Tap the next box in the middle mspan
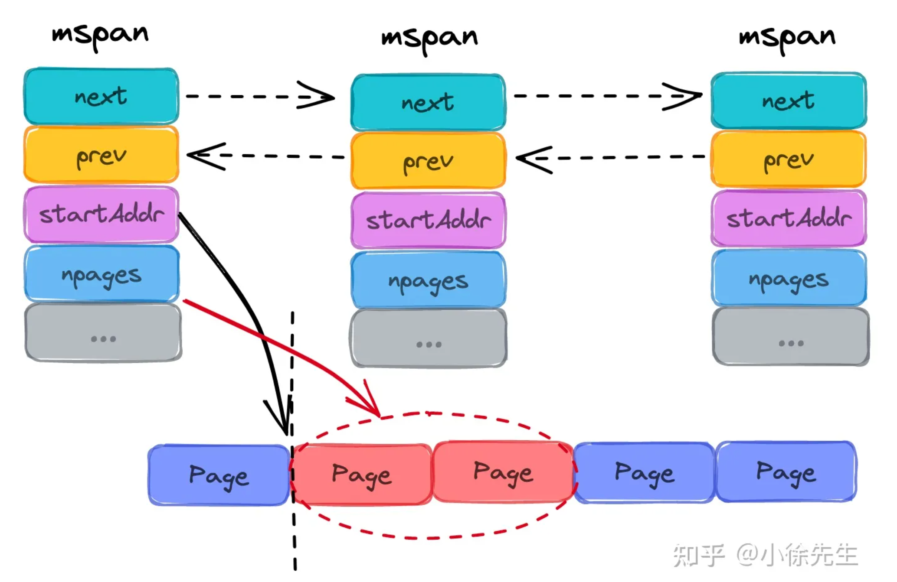[428, 103]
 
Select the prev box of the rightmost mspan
[789, 159]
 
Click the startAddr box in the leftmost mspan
[101, 214]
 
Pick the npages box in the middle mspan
[428, 280]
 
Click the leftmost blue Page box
[219, 475]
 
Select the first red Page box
[361, 474]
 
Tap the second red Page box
[503, 472]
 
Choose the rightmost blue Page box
[786, 472]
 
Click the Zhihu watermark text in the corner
[765, 555]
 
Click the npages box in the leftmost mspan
[101, 274]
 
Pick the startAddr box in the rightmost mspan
[789, 218]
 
